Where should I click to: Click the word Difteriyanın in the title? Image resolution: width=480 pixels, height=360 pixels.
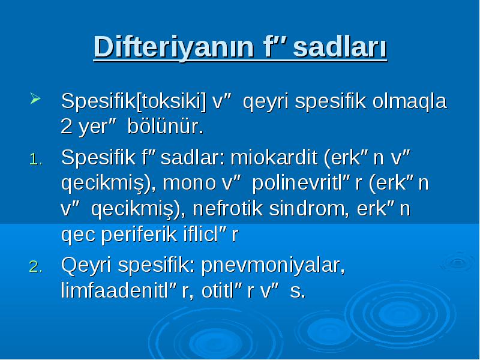(174, 47)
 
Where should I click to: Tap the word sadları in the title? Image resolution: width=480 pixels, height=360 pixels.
(340, 47)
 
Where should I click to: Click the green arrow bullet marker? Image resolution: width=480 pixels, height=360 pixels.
(35, 98)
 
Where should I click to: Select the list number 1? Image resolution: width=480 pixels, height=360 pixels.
(36, 159)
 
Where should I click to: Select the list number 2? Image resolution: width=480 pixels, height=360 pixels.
(36, 266)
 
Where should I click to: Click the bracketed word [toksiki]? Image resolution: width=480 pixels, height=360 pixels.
(171, 101)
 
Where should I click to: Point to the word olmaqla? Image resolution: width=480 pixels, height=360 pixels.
(410, 101)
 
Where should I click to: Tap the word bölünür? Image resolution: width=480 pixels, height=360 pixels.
(166, 126)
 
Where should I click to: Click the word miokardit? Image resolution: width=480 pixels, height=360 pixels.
(274, 157)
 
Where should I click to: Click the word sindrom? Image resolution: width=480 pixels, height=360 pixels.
(309, 208)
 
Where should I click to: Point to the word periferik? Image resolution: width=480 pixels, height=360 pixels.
(139, 235)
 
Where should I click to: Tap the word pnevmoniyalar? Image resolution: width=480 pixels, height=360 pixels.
(273, 265)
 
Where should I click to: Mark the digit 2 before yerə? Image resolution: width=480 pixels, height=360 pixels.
(67, 126)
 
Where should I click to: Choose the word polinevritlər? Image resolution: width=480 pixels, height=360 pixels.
(307, 184)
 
